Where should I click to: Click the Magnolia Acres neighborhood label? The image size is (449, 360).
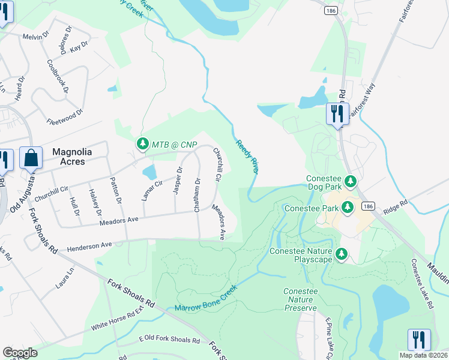click(x=77, y=157)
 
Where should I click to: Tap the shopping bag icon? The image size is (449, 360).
click(x=31, y=159)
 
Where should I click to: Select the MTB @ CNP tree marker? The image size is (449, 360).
click(x=142, y=144)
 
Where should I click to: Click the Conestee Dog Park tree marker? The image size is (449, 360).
click(x=351, y=181)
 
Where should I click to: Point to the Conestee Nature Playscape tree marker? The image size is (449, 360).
click(x=342, y=254)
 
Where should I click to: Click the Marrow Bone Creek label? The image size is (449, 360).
click(x=206, y=299)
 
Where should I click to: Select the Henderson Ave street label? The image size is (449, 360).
click(x=89, y=246)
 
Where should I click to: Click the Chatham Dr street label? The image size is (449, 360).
click(x=197, y=194)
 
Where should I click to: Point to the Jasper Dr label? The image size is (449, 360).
click(x=178, y=181)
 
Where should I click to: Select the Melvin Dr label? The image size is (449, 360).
click(x=35, y=37)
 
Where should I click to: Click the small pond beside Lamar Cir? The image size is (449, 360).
click(x=149, y=173)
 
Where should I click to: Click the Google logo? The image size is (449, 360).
click(x=20, y=353)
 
